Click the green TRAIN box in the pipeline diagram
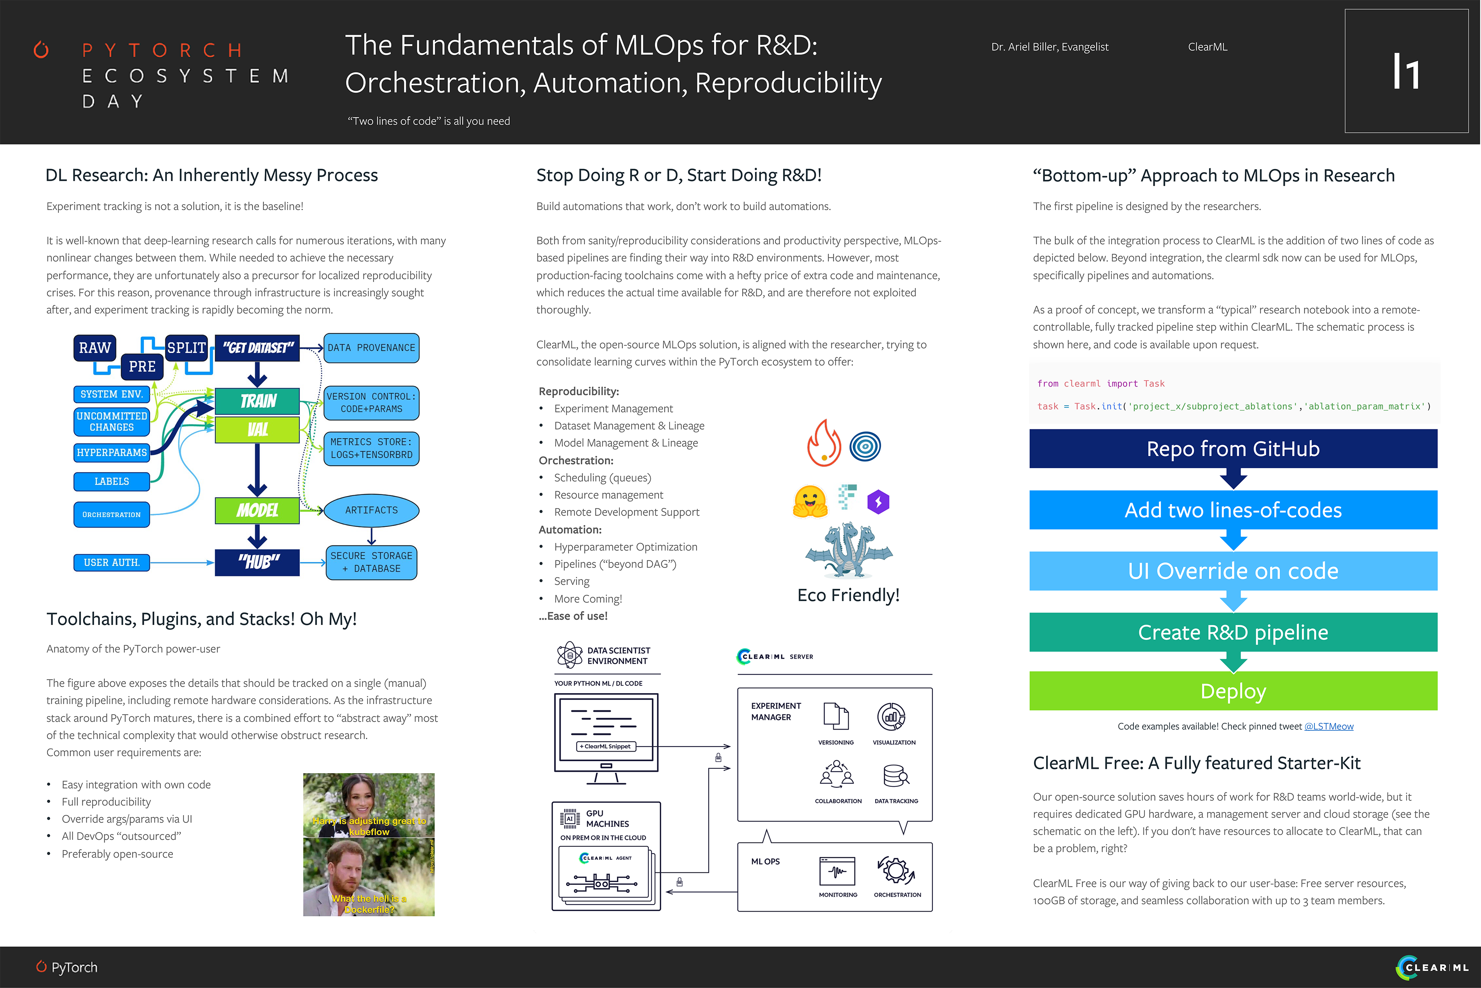point(257,401)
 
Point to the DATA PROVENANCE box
point(371,348)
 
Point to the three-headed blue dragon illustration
point(848,549)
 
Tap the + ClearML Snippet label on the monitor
point(606,746)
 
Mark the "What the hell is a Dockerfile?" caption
point(369,904)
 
